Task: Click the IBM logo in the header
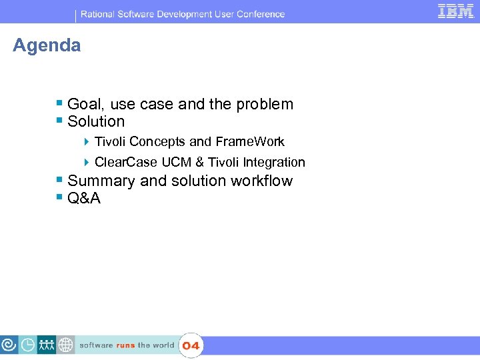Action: [456, 11]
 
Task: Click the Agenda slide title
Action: [47, 45]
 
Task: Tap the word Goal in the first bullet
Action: [83, 104]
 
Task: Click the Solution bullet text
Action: [96, 121]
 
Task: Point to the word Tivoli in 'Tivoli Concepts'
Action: [110, 141]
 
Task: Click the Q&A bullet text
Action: [84, 198]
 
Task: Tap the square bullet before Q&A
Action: [60, 197]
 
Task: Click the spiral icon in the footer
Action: [9, 345]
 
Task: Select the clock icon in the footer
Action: [28, 345]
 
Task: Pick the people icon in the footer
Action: [47, 345]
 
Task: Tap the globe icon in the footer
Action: [65, 345]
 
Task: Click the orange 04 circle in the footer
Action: [191, 345]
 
